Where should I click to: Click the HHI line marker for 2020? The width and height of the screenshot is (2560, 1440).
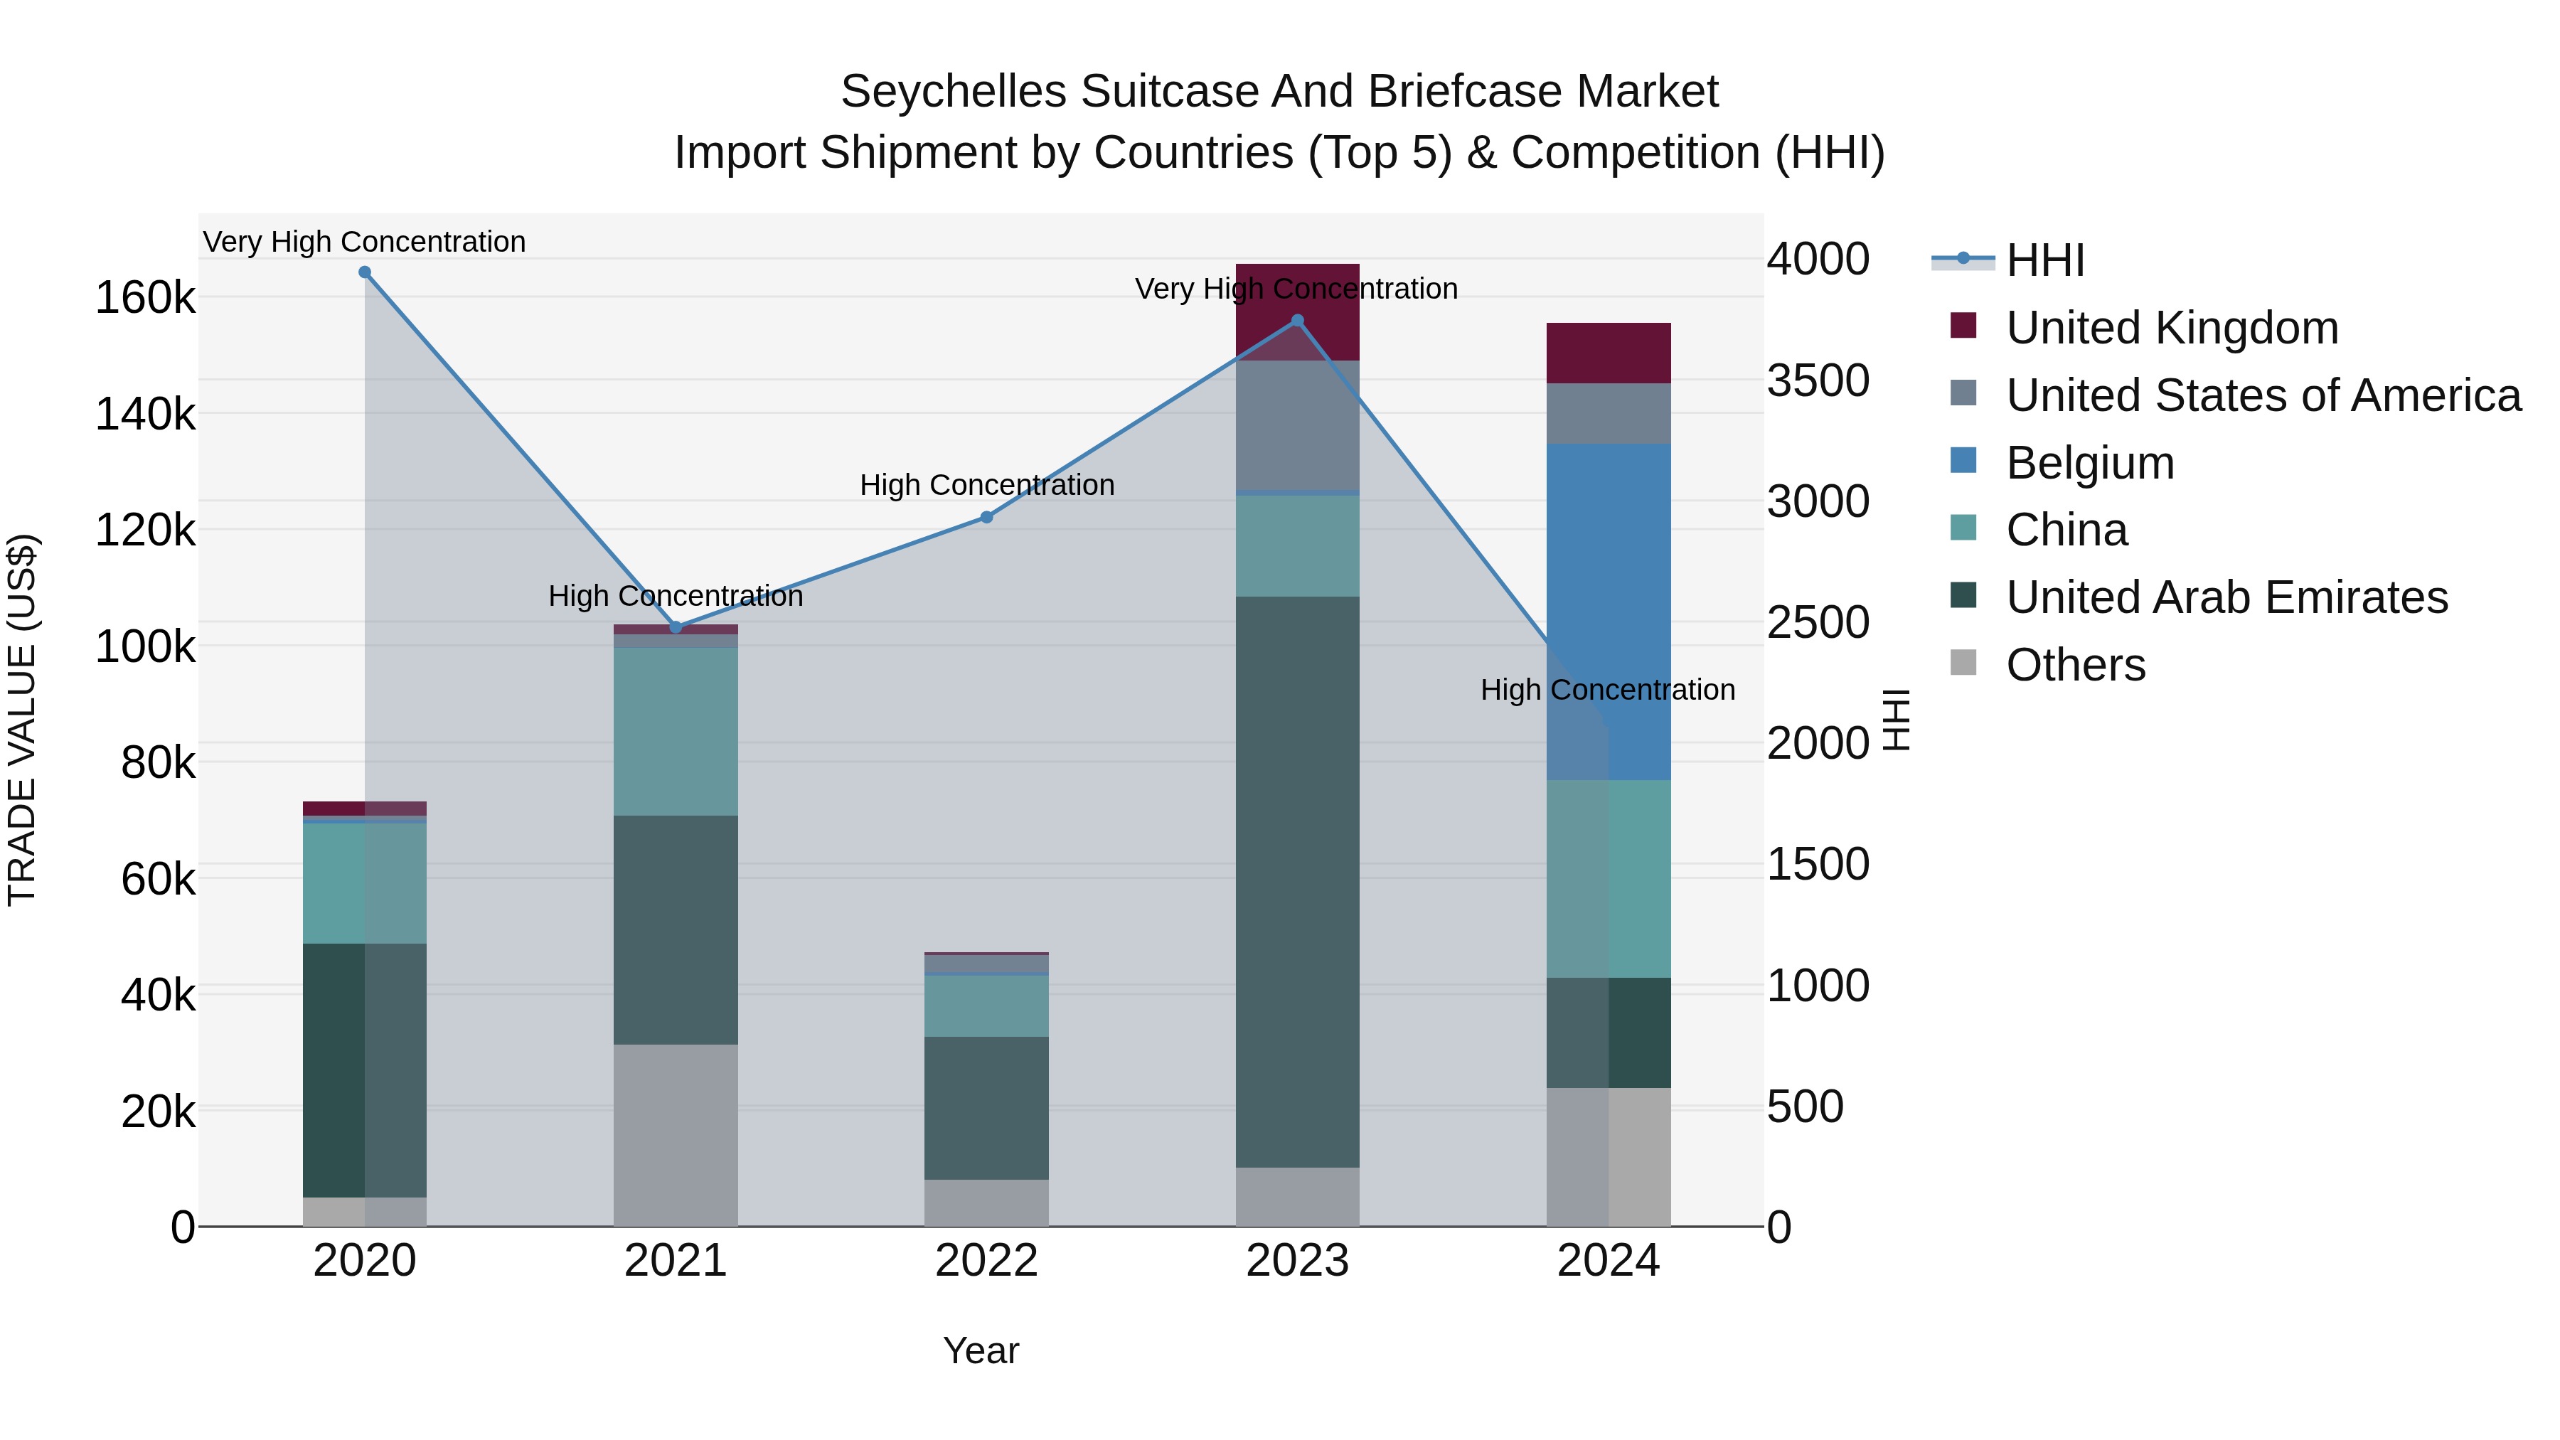pyautogui.click(x=365, y=272)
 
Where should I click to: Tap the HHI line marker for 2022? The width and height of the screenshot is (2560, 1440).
pyautogui.click(x=987, y=517)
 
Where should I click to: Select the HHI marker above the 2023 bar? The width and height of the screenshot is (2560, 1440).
pyautogui.click(x=1297, y=321)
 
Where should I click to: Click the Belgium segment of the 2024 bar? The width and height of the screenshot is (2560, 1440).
pyautogui.click(x=1609, y=611)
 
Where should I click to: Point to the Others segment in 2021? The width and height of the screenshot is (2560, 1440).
pyautogui.click(x=676, y=1135)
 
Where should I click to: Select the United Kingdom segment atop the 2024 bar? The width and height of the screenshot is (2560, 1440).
pyautogui.click(x=1609, y=353)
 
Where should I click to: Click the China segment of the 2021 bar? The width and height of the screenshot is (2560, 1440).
pyautogui.click(x=676, y=732)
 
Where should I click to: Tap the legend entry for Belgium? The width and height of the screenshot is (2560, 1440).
pyautogui.click(x=2089, y=463)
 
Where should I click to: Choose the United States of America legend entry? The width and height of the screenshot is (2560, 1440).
pyautogui.click(x=2263, y=395)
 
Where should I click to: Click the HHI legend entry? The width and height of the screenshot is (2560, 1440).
pyautogui.click(x=2044, y=260)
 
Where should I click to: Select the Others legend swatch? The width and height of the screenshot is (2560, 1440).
pyautogui.click(x=1963, y=663)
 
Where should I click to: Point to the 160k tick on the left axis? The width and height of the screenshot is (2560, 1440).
pyautogui.click(x=145, y=297)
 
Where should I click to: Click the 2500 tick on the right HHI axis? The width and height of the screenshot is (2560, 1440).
pyautogui.click(x=1818, y=623)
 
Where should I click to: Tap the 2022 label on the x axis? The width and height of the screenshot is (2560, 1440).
pyautogui.click(x=987, y=1261)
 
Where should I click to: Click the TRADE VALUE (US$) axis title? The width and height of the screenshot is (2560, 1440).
pyautogui.click(x=23, y=720)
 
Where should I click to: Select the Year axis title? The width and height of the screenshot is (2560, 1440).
pyautogui.click(x=981, y=1350)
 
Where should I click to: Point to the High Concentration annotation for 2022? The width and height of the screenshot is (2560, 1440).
pyautogui.click(x=987, y=485)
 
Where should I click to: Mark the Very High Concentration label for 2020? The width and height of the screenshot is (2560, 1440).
pyautogui.click(x=365, y=242)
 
